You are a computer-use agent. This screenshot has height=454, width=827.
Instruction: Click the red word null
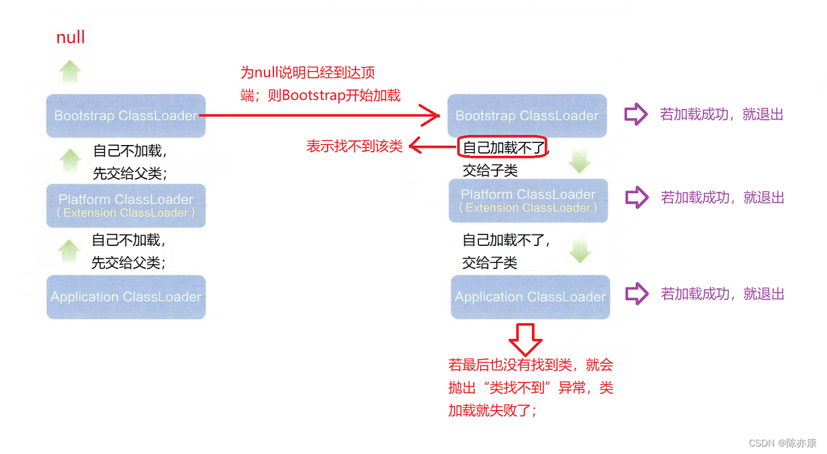tap(71, 37)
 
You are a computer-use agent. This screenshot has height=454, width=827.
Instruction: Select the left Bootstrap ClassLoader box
tap(126, 115)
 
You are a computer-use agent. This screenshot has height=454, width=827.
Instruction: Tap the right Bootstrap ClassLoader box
tap(527, 115)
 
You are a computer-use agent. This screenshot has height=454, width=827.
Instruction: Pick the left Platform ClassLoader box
tap(126, 205)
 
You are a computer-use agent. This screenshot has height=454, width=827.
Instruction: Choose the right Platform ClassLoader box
tap(528, 201)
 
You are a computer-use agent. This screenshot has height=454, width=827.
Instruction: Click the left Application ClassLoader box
tap(126, 297)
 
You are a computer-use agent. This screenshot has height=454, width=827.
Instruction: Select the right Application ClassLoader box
tap(531, 297)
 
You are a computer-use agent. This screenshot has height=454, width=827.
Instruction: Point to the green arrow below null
tap(70, 72)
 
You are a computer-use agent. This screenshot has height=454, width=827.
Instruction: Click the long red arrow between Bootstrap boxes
tap(320, 115)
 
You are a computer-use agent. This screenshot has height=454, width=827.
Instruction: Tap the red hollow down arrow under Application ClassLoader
tap(525, 339)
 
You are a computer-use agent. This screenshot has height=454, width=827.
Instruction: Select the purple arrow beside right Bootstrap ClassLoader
tap(636, 114)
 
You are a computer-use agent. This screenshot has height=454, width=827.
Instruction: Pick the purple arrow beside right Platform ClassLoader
tap(637, 197)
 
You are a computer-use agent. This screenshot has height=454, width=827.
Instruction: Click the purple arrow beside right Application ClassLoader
tap(637, 293)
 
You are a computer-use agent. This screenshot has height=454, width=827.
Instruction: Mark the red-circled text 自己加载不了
tap(503, 148)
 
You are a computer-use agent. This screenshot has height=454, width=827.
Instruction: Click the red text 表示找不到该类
tap(354, 146)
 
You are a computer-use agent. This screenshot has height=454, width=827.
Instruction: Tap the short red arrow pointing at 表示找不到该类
tap(433, 146)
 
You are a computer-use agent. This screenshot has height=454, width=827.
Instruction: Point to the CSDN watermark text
tap(782, 442)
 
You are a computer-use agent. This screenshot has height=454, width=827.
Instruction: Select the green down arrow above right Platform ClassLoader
tap(579, 161)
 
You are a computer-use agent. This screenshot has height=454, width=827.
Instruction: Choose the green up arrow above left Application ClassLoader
tap(69, 251)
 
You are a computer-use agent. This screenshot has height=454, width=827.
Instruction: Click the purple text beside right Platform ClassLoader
tap(723, 198)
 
